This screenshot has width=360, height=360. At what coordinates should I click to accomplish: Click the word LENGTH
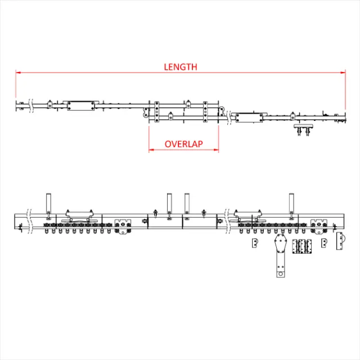coord(181,66)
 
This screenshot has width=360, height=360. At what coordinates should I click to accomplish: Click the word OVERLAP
coord(183,144)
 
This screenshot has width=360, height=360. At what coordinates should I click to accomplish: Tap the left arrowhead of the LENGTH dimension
coord(18,73)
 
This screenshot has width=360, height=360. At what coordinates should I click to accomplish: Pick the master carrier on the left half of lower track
coord(123,226)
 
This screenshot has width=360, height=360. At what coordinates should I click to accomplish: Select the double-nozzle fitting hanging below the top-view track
coord(304,130)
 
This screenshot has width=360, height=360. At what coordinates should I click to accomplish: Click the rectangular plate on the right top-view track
coord(248,118)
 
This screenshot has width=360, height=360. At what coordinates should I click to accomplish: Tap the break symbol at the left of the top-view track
coord(31,105)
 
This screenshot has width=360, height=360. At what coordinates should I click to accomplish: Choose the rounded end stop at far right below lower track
coord(341,242)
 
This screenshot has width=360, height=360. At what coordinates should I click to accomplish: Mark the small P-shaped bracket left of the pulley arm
coord(254,243)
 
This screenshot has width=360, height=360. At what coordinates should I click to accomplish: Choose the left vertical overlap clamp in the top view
coord(156,111)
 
